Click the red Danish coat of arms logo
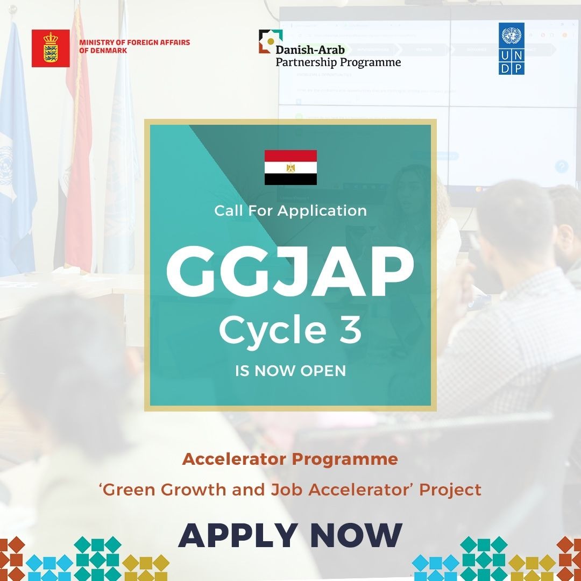(x=51, y=48)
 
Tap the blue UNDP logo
(x=512, y=48)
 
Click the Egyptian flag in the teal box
(x=290, y=167)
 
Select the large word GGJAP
(x=290, y=271)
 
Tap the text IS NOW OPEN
(x=290, y=371)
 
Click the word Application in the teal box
(x=322, y=211)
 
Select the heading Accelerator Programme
(x=290, y=459)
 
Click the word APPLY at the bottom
(x=238, y=535)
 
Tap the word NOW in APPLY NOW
(x=356, y=535)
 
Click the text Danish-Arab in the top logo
(x=310, y=49)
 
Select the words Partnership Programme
(x=338, y=62)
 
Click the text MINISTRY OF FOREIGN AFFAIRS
(x=134, y=42)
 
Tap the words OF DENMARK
(x=103, y=51)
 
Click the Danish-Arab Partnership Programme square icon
(x=270, y=41)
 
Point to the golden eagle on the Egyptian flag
(x=291, y=167)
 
